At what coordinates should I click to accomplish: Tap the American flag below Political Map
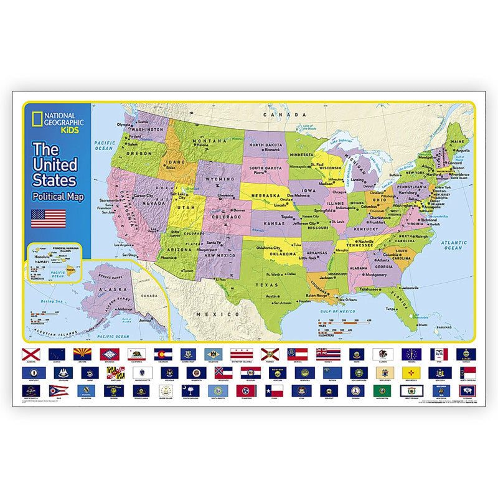tap(48, 218)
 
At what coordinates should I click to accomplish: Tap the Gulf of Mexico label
tap(339, 310)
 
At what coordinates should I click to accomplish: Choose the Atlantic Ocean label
tap(453, 245)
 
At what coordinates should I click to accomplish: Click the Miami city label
tap(422, 324)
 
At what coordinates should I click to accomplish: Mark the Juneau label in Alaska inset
tap(145, 320)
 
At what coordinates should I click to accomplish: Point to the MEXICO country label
tap(207, 314)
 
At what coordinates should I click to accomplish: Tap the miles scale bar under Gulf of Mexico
tap(341, 323)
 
